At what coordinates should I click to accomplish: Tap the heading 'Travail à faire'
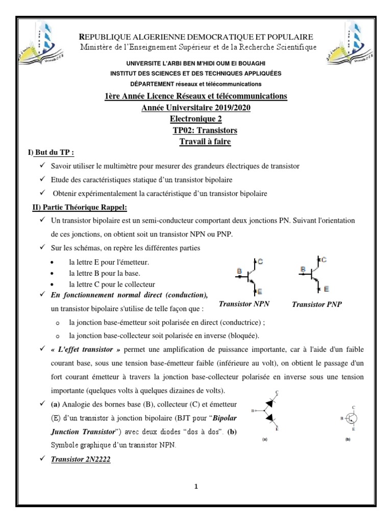pyautogui.click(x=205, y=141)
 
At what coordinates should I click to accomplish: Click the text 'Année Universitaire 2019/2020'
pyautogui.click(x=196, y=108)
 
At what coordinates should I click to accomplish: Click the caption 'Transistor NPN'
pyautogui.click(x=244, y=304)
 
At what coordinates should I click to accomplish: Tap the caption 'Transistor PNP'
pyautogui.click(x=316, y=304)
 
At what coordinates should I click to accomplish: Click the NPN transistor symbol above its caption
pyautogui.click(x=250, y=276)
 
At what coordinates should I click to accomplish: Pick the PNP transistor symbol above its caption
pyautogui.click(x=312, y=273)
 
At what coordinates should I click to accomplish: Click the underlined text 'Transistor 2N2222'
pyautogui.click(x=81, y=459)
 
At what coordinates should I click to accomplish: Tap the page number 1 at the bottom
pyautogui.click(x=195, y=487)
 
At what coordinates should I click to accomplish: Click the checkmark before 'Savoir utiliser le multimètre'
pyautogui.click(x=42, y=167)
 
